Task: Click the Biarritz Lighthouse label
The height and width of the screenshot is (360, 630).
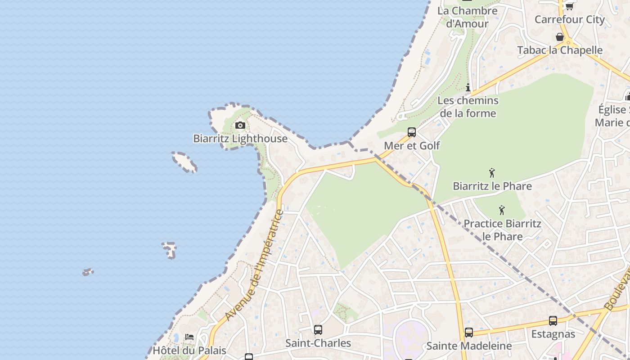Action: [x=240, y=139]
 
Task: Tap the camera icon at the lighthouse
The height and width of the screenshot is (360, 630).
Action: [x=240, y=126]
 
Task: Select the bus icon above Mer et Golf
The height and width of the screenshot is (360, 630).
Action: [x=412, y=132]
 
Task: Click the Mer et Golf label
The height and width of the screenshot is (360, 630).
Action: [x=412, y=146]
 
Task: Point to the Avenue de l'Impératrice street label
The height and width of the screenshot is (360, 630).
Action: [x=255, y=265]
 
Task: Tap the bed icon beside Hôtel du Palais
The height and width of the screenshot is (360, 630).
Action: [x=189, y=337]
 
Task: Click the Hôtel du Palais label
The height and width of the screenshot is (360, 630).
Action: [x=189, y=351]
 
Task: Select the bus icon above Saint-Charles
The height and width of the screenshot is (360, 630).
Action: [x=318, y=330]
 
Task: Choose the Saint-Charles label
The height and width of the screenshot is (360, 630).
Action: [x=318, y=343]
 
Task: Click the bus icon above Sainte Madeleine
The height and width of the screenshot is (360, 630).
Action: [x=469, y=333]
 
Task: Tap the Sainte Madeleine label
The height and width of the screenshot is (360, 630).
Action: [x=469, y=346]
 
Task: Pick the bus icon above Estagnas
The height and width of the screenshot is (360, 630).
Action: [x=553, y=321]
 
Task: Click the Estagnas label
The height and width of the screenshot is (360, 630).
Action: [x=553, y=334]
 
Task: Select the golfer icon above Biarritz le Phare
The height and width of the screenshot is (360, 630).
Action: [x=492, y=173]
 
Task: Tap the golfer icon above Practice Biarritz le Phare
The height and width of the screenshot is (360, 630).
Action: [x=502, y=210]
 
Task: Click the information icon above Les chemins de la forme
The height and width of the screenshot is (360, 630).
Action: [x=468, y=87]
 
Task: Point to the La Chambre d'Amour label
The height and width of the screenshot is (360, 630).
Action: [x=468, y=17]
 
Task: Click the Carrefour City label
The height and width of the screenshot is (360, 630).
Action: [x=569, y=19]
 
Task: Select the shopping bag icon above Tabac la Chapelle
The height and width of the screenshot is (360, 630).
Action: [x=560, y=37]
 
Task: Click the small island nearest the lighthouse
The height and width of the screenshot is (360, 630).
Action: [x=184, y=162]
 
